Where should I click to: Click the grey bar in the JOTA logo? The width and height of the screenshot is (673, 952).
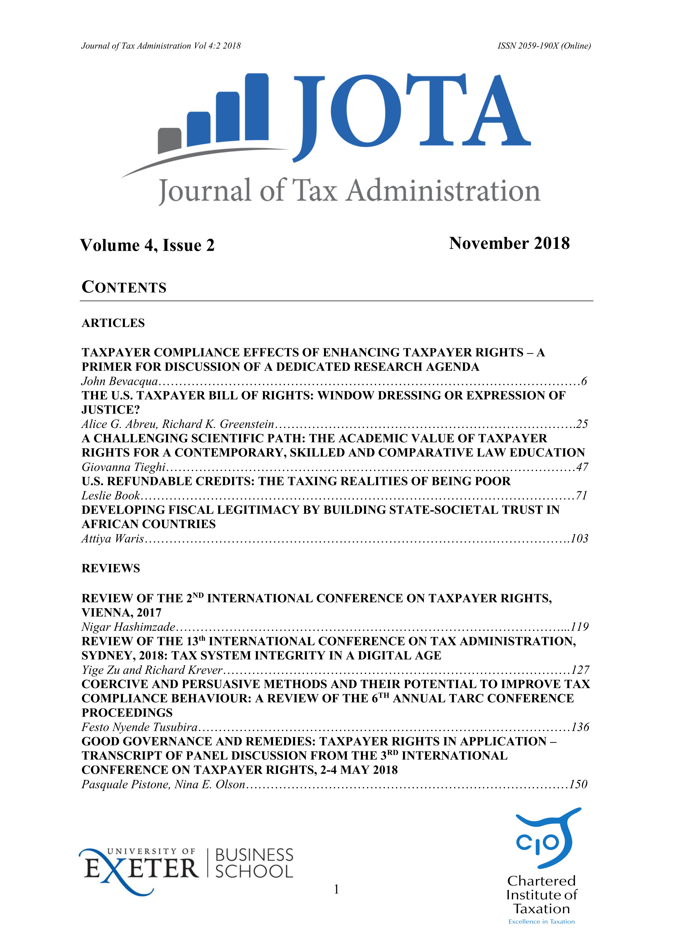(x=170, y=140)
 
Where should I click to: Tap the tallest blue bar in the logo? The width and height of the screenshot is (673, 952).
(x=257, y=108)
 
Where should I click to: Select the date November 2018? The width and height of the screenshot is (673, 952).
(x=509, y=243)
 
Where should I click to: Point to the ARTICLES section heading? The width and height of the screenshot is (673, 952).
(x=113, y=323)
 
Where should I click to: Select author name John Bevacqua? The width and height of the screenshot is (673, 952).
(x=119, y=381)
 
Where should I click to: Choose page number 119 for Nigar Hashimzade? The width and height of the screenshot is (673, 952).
(x=579, y=627)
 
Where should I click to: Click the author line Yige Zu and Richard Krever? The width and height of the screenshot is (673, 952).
(x=152, y=670)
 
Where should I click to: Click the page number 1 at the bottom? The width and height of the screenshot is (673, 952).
(x=336, y=889)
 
